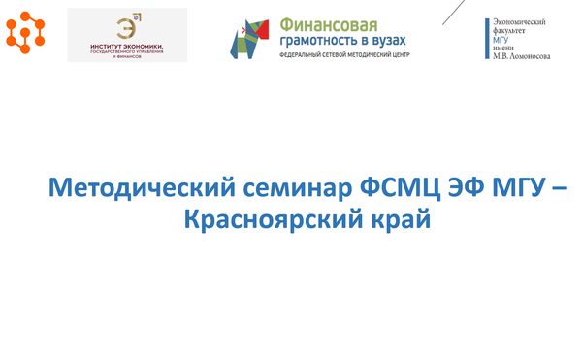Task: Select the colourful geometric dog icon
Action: point(249,37)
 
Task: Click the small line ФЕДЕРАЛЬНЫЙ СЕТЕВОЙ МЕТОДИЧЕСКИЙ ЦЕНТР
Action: point(343,56)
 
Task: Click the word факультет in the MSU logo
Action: point(512,31)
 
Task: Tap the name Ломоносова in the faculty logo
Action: point(530,57)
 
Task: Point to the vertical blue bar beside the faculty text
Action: point(486,39)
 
